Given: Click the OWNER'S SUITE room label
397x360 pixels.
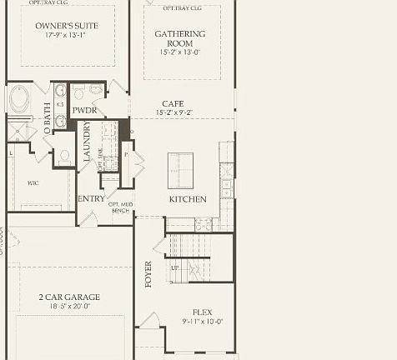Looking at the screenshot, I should (x=67, y=26).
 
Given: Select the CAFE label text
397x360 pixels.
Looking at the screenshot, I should (x=173, y=103).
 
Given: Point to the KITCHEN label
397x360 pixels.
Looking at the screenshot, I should (x=187, y=200).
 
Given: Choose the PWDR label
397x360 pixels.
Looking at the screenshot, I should (x=84, y=110).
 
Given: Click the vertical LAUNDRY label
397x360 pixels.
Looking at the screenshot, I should (x=86, y=142).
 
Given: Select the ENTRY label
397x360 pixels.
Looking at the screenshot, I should (x=92, y=199).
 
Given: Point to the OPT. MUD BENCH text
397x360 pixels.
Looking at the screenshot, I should (x=121, y=207).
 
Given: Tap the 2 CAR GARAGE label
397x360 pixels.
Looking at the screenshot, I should (x=68, y=297).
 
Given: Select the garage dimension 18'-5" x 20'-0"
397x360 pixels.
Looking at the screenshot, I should (x=68, y=307).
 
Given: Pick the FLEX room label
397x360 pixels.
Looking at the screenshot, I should (x=203, y=311).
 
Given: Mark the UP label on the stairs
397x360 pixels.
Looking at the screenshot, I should (x=174, y=268).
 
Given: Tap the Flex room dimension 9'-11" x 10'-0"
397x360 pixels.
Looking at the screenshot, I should (x=203, y=321).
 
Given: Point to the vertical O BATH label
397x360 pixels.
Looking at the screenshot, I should (x=46, y=115).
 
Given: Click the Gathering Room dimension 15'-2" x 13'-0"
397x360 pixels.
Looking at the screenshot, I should (x=179, y=52).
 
